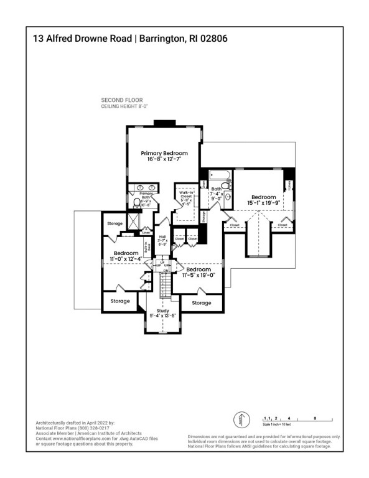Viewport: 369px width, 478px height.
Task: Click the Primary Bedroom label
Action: tap(164, 153)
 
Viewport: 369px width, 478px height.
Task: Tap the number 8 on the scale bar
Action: tap(315, 419)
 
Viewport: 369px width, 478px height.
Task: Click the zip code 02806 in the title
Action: tap(210, 38)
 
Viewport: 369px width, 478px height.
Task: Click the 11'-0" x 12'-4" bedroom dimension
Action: tap(126, 258)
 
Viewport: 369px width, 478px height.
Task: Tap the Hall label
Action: tap(162, 237)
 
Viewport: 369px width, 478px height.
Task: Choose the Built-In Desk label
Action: tap(147, 248)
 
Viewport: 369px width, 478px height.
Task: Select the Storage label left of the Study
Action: tap(120, 301)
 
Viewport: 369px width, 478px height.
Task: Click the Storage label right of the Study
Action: tap(201, 303)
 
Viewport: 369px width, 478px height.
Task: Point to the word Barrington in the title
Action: tap(161, 38)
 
